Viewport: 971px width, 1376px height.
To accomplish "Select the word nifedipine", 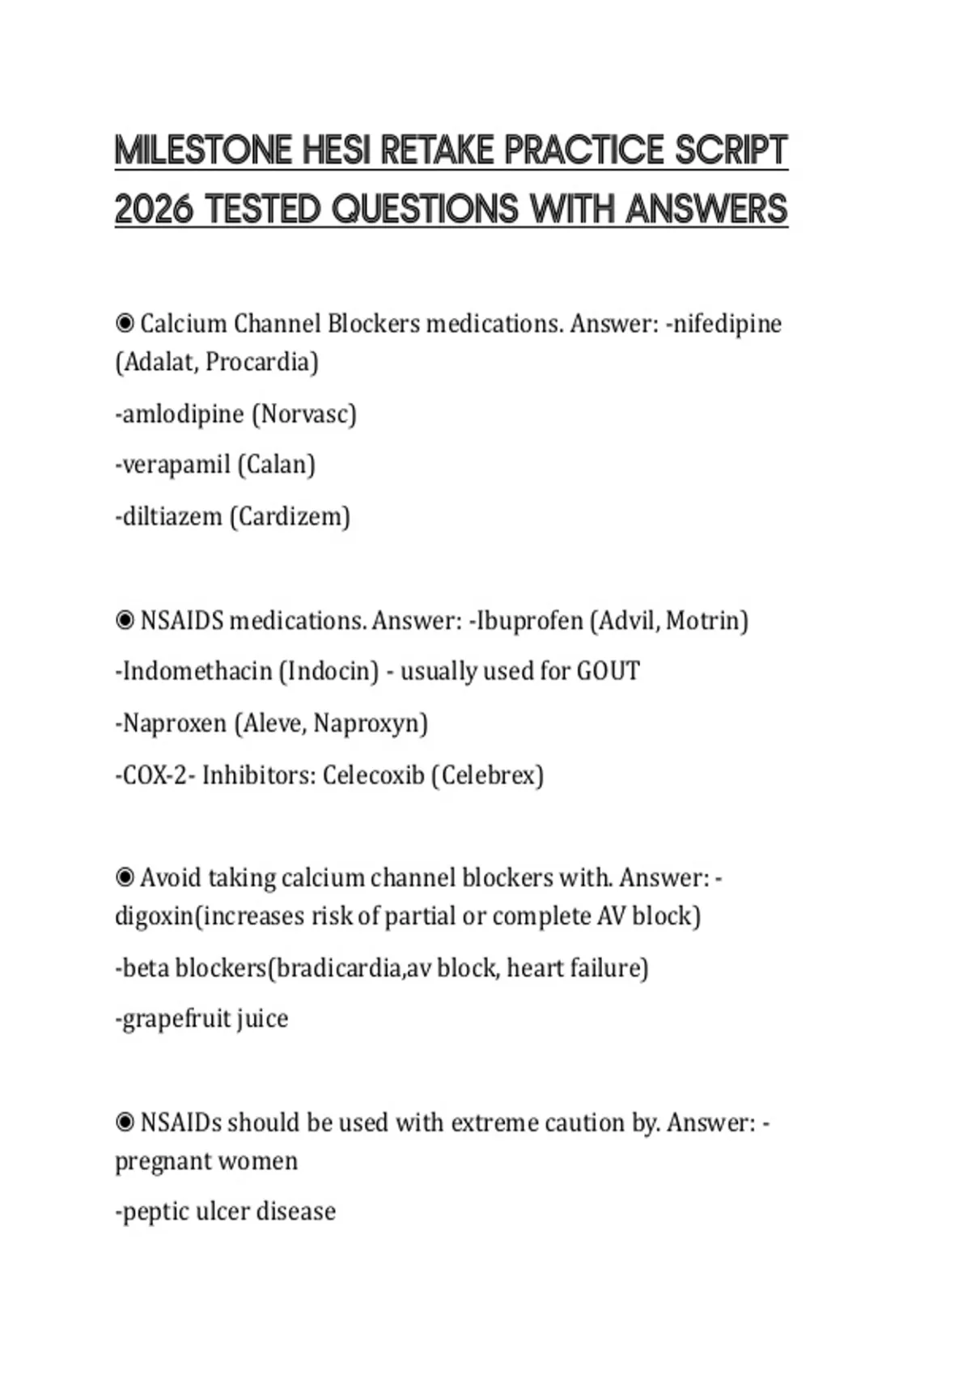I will pos(727,324).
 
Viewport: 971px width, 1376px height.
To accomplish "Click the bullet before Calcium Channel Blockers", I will pos(125,324).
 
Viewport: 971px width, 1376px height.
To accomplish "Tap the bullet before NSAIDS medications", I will pos(125,621).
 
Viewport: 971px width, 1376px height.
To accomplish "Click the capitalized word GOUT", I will pos(608,672).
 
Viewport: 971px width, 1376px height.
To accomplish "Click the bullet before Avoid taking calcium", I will pos(125,877).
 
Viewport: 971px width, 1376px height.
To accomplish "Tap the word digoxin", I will pos(155,916).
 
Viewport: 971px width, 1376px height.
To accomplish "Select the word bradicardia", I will pos(338,968).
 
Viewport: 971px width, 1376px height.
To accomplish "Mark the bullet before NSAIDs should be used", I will pos(125,1123).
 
